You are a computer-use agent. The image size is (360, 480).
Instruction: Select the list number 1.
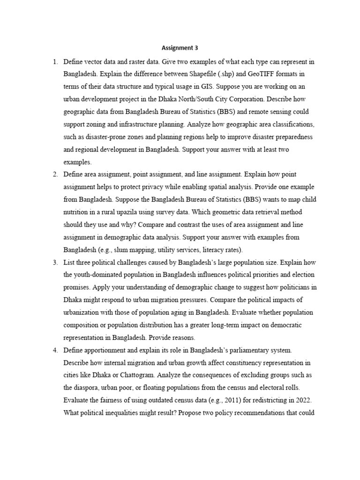(x=55, y=62)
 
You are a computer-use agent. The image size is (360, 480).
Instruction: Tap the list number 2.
(x=55, y=174)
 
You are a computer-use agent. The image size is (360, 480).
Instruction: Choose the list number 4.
(x=55, y=350)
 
